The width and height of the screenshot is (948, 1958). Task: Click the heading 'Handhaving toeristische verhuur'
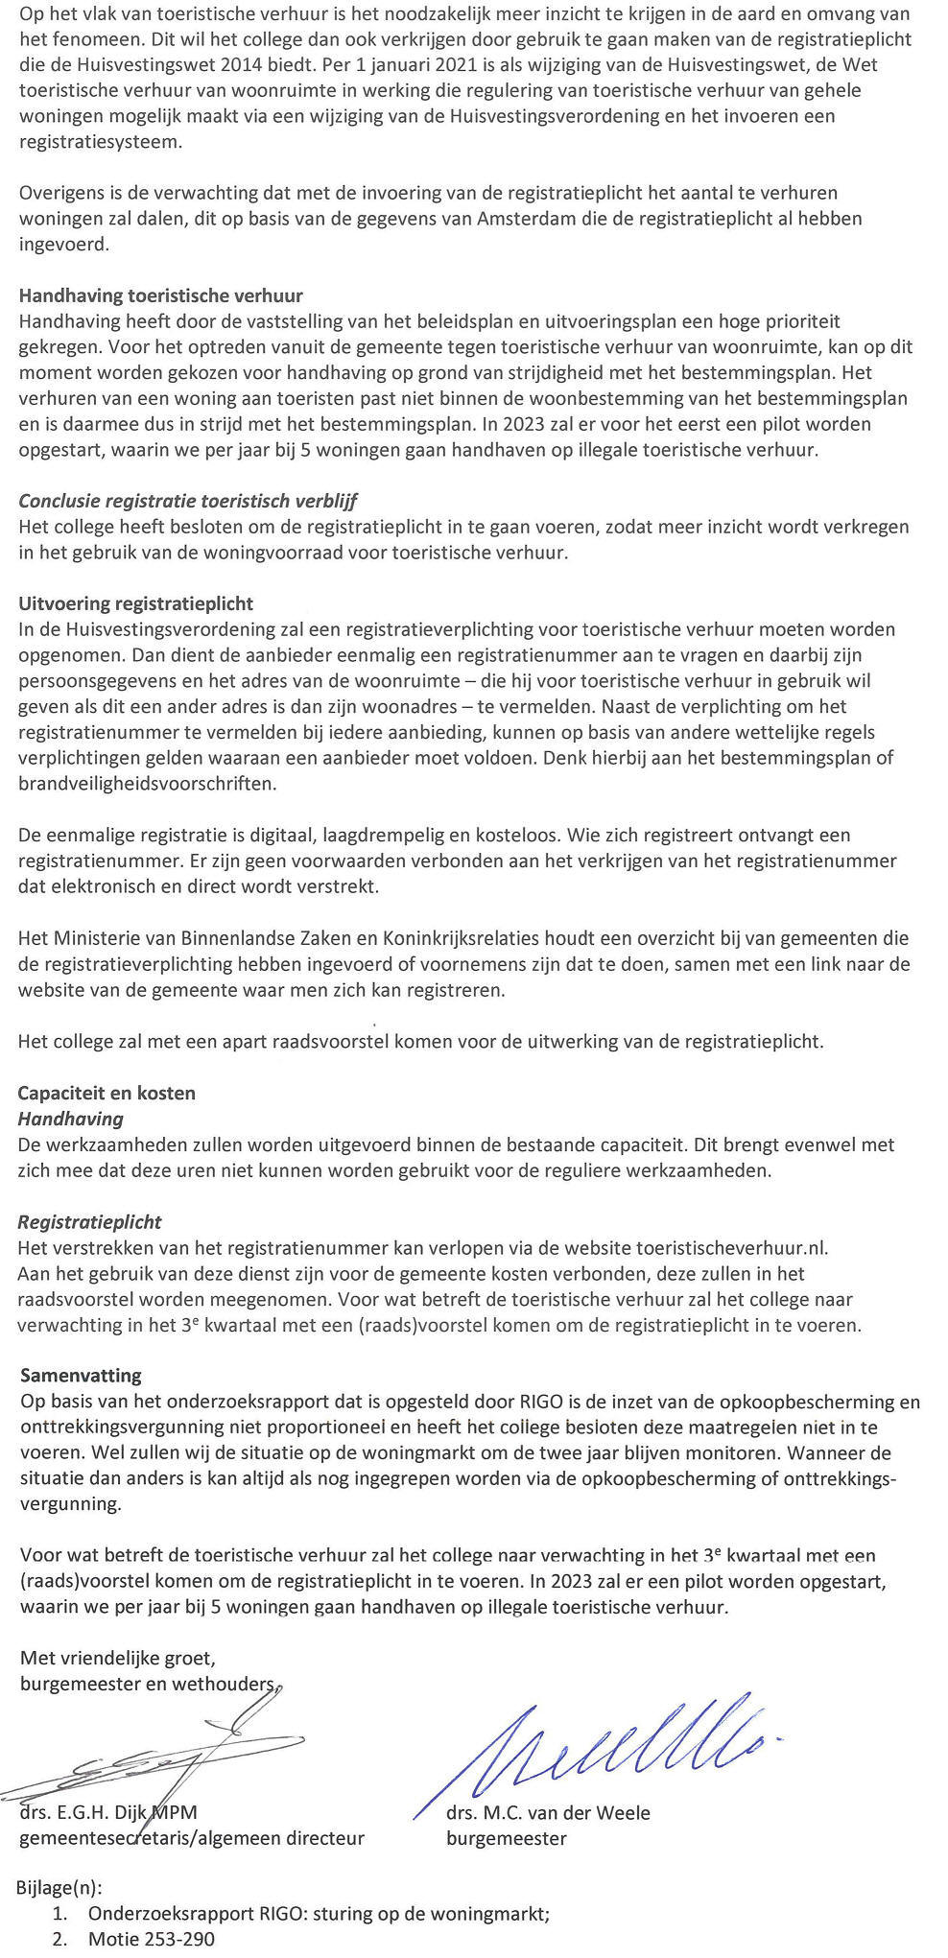pyautogui.click(x=161, y=295)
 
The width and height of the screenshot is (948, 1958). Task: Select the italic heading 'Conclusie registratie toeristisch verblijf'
pyautogui.click(x=188, y=501)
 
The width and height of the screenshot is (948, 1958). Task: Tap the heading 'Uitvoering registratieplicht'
pyautogui.click(x=136, y=603)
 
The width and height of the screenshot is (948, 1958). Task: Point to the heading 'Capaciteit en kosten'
pyautogui.click(x=107, y=1093)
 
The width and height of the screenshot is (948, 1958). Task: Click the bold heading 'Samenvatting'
pyautogui.click(x=81, y=1376)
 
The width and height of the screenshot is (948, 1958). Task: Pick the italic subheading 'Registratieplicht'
pyautogui.click(x=90, y=1222)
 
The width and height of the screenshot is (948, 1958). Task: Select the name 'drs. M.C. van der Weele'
pyautogui.click(x=548, y=1813)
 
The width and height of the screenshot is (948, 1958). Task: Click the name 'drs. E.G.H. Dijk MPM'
pyautogui.click(x=108, y=1813)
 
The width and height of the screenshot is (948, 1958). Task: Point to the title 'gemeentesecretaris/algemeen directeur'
pyautogui.click(x=192, y=1838)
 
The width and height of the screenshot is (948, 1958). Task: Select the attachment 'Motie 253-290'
pyautogui.click(x=152, y=1939)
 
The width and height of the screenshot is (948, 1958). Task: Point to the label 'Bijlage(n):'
pyautogui.click(x=59, y=1888)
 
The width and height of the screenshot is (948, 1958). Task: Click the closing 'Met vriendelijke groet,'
pyautogui.click(x=118, y=1659)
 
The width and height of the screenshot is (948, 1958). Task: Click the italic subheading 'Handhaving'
pyautogui.click(x=71, y=1119)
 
